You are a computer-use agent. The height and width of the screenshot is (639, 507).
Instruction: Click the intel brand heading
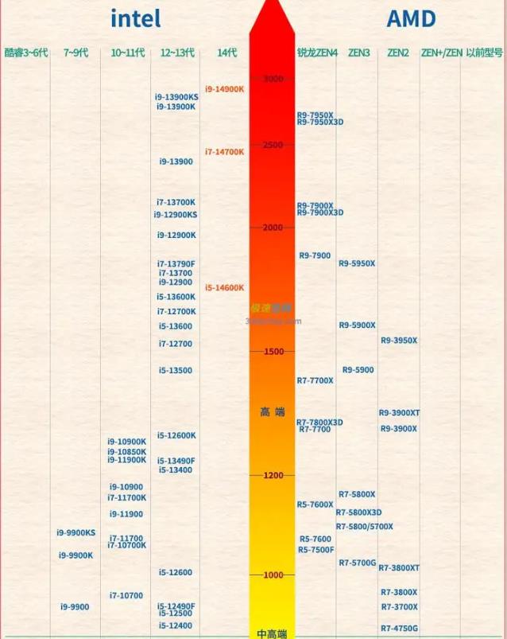pyautogui.click(x=136, y=18)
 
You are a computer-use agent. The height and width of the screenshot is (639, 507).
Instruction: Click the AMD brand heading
pyautogui.click(x=411, y=18)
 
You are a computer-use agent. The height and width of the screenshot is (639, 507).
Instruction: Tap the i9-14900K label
pyautogui.click(x=225, y=89)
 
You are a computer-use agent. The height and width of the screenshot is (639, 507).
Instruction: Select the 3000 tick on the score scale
pyautogui.click(x=273, y=78)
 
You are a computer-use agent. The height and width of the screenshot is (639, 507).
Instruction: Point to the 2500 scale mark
pyautogui.click(x=273, y=145)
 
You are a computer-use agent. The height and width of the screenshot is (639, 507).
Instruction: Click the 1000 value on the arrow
pyautogui.click(x=273, y=575)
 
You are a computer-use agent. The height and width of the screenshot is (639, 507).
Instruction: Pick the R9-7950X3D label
pyautogui.click(x=320, y=123)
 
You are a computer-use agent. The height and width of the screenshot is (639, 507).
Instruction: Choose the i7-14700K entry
pyautogui.click(x=225, y=151)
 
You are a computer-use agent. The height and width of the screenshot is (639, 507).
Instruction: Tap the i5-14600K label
pyautogui.click(x=225, y=287)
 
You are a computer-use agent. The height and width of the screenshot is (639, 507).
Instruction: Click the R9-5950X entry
pyautogui.click(x=357, y=263)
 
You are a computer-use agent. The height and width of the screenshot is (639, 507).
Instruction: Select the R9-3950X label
pyautogui.click(x=399, y=341)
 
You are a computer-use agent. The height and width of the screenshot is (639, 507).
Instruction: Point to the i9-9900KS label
pyautogui.click(x=76, y=532)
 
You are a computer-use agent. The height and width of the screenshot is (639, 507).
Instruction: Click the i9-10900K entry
pyautogui.click(x=127, y=442)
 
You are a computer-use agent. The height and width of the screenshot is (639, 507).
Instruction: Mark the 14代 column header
pyautogui.click(x=226, y=53)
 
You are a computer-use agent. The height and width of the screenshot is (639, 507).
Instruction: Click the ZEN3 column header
pyautogui.click(x=358, y=53)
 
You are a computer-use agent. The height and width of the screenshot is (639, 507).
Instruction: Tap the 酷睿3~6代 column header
pyautogui.click(x=26, y=53)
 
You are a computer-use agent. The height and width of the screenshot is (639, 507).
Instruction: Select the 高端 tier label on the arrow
pyautogui.click(x=273, y=411)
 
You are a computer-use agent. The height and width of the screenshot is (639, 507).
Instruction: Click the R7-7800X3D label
pyautogui.click(x=319, y=423)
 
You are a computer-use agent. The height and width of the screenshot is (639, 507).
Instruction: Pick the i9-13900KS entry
pyautogui.click(x=177, y=97)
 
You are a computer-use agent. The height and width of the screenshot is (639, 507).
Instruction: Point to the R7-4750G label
pyautogui.click(x=399, y=628)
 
